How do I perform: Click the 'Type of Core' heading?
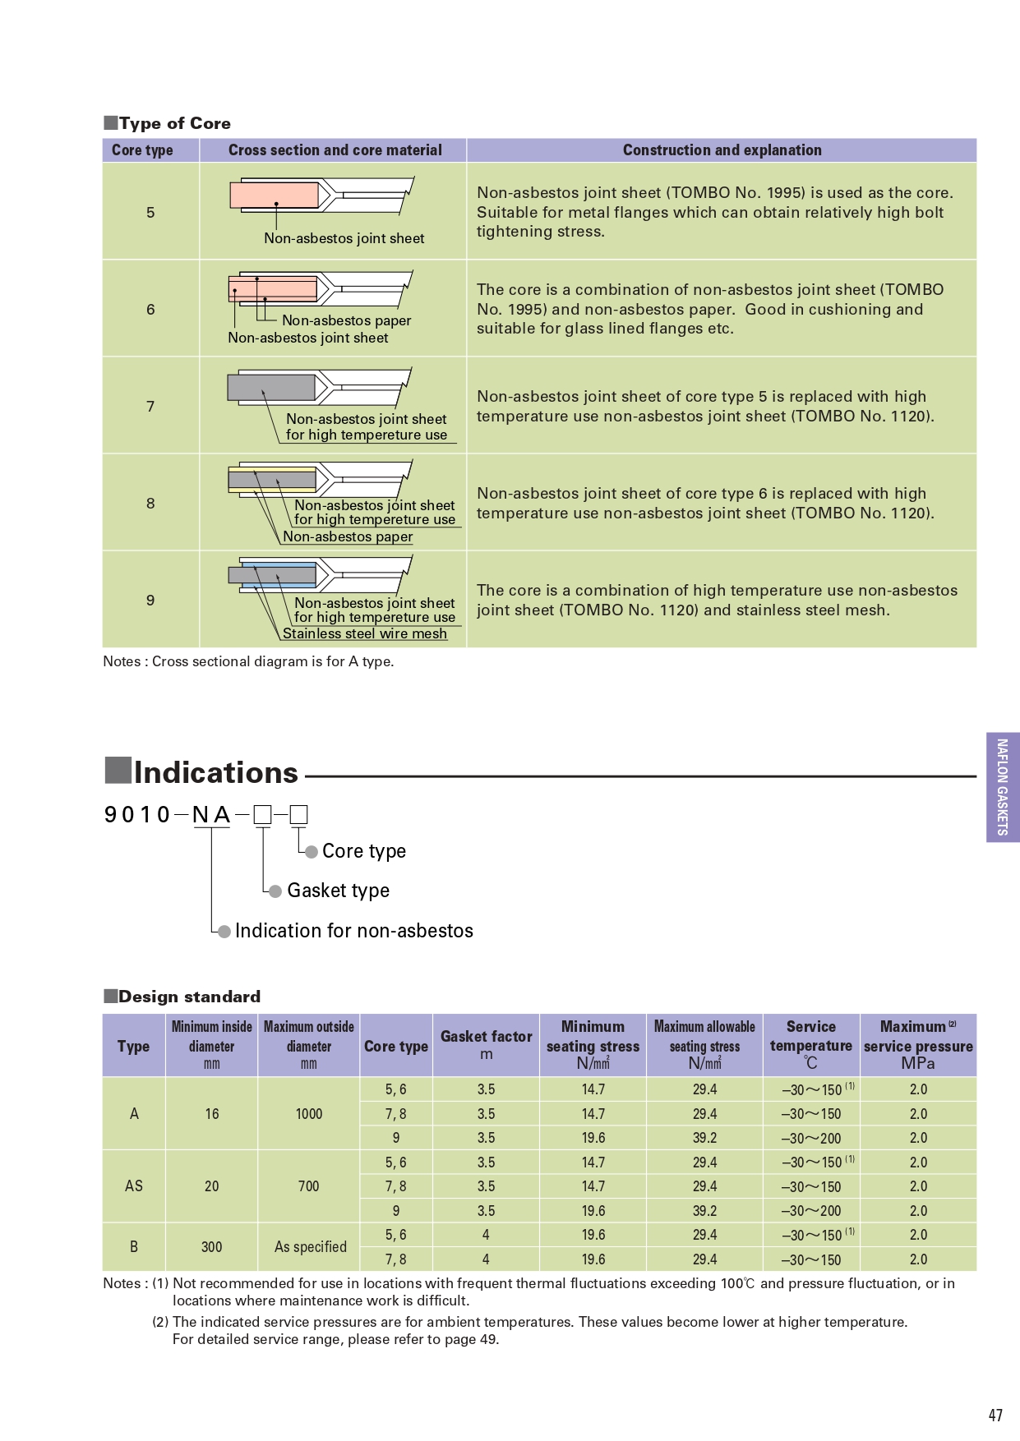[x=174, y=123]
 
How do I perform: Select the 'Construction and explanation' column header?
[x=722, y=150]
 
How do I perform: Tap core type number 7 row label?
[x=150, y=406]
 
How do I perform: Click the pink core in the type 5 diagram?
[x=274, y=195]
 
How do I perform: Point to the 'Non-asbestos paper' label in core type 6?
[x=346, y=320]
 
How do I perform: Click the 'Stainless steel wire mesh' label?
[x=365, y=633]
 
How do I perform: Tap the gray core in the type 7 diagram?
[x=271, y=387]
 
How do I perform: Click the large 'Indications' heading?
[x=215, y=772]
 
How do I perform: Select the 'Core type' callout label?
[x=364, y=851]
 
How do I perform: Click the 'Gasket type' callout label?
[x=338, y=891]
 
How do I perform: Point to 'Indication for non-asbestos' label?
[x=353, y=931]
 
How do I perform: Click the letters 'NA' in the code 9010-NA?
[x=211, y=814]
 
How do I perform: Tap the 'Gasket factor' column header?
[x=486, y=1037]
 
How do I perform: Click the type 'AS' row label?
[x=134, y=1185]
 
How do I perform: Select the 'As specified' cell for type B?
[x=310, y=1246]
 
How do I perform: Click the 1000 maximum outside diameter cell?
[x=309, y=1114]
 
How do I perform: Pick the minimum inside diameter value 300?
[x=211, y=1246]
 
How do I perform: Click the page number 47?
[x=995, y=1415]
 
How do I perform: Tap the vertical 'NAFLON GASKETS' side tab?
[x=1002, y=787]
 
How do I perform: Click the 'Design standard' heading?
[x=188, y=997]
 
